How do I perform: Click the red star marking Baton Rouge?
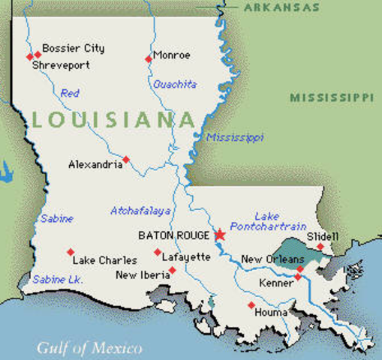pyautogui.click(x=219, y=235)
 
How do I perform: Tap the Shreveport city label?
pyautogui.click(x=61, y=65)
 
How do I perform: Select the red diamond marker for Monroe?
pyautogui.click(x=148, y=58)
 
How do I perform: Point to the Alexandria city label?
pyautogui.click(x=95, y=164)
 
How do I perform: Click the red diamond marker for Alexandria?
pyautogui.click(x=126, y=159)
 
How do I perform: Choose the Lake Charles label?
pyautogui.click(x=104, y=261)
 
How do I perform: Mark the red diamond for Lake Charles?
pyautogui.click(x=71, y=252)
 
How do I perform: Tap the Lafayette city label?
pyautogui.click(x=187, y=256)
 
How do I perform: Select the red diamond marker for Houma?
pyautogui.click(x=251, y=304)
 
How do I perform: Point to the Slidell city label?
pyautogui.click(x=323, y=236)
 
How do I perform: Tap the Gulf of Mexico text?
pyautogui.click(x=90, y=348)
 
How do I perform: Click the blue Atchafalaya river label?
pyautogui.click(x=140, y=211)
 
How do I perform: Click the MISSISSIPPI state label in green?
pyautogui.click(x=331, y=97)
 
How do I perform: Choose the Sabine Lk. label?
pyautogui.click(x=58, y=279)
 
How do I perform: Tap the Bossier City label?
pyautogui.click(x=73, y=48)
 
